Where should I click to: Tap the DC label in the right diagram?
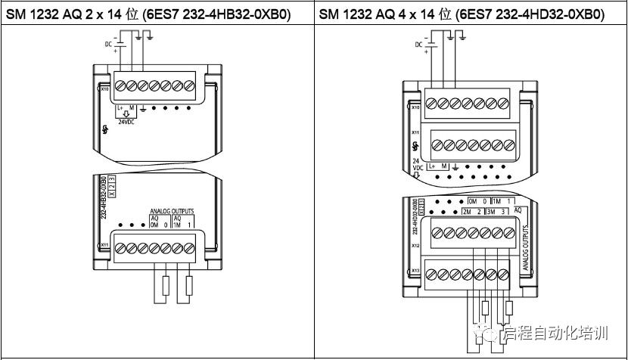(419, 45)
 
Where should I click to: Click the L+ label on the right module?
(432, 165)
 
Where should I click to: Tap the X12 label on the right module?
(415, 246)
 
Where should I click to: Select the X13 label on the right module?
(415, 270)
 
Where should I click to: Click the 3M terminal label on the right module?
(491, 212)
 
